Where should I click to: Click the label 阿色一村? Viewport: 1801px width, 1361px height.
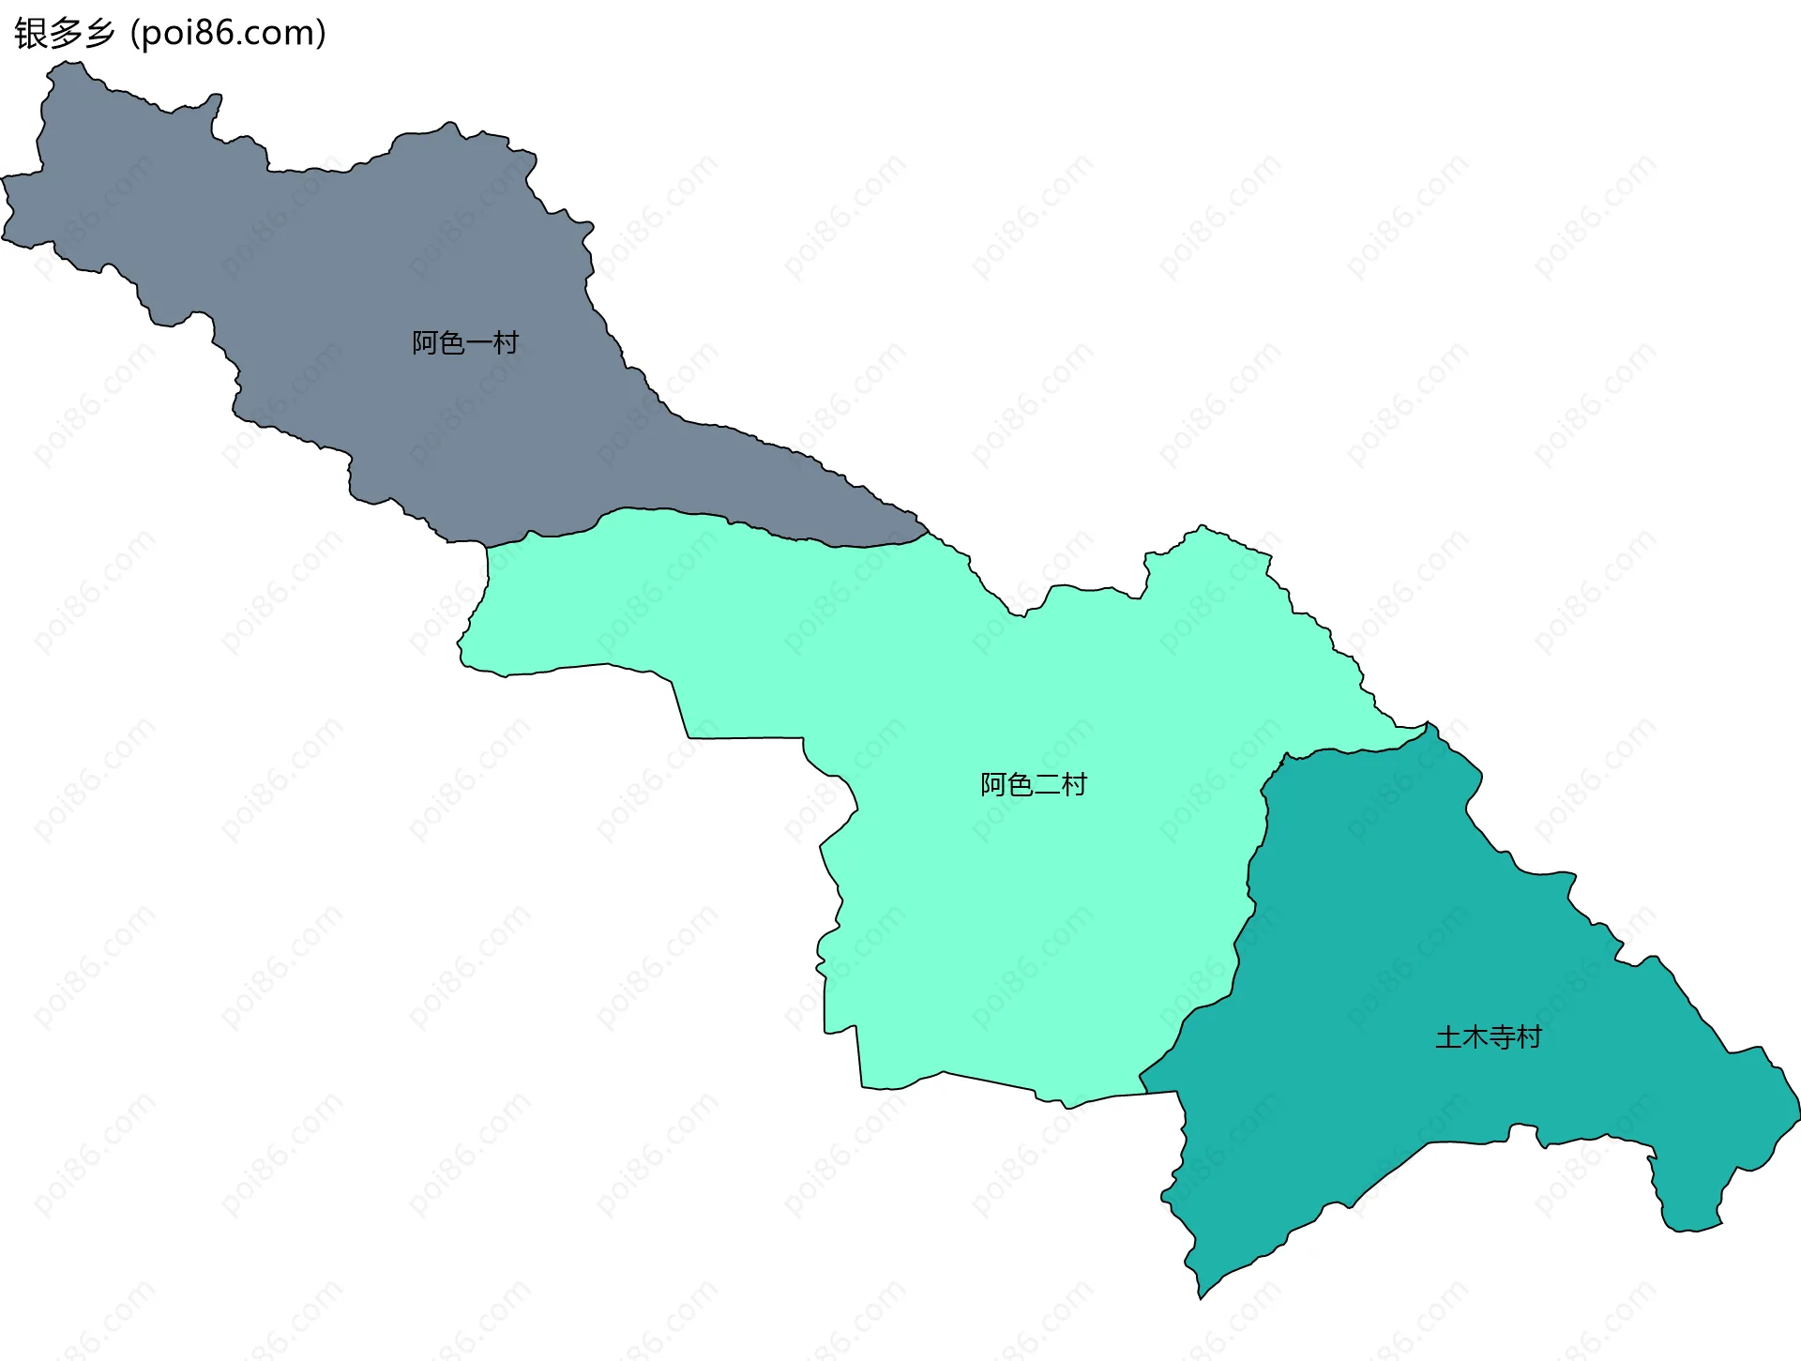click(465, 343)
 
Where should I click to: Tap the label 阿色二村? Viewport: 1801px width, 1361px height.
click(1034, 784)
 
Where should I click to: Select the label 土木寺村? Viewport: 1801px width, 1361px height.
click(1489, 1037)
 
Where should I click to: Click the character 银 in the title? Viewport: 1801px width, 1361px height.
click(31, 34)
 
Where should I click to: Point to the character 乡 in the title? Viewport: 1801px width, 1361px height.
click(99, 34)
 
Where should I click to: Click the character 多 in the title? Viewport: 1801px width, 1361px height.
click(65, 34)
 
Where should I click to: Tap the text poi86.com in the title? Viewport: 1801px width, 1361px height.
click(228, 34)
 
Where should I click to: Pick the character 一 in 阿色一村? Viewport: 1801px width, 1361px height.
click(478, 343)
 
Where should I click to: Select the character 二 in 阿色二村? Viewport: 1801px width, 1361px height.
click(1047, 784)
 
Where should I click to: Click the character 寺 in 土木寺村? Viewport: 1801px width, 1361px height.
click(1502, 1037)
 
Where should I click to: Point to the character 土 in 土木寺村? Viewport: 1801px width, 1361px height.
click(1448, 1037)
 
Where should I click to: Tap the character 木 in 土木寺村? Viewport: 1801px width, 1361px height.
click(1475, 1037)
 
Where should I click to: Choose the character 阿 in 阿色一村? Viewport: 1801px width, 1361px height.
click(425, 343)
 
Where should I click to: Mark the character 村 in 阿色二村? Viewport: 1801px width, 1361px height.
click(1074, 784)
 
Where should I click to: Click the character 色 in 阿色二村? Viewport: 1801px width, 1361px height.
click(1020, 784)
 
